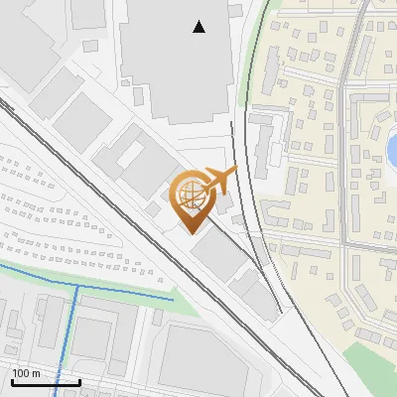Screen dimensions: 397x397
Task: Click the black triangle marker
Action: point(199,27)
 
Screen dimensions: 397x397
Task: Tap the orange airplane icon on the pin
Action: point(219,181)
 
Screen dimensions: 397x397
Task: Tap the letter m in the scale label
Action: point(36,373)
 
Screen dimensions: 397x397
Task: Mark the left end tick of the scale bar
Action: point(12,381)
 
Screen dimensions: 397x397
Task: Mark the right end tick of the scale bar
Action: point(79,381)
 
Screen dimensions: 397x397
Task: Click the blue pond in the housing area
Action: point(392,149)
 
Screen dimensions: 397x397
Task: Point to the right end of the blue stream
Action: point(173,298)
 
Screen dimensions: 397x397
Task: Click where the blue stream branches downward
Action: point(77,287)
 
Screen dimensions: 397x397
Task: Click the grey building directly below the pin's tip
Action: point(220,256)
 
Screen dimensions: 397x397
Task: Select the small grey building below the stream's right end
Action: point(157,317)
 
